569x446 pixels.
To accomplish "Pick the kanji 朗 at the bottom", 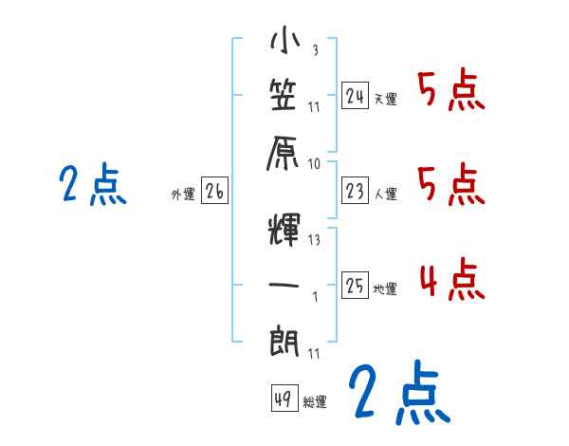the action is click(x=285, y=340).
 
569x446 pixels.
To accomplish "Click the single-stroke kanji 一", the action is click(x=285, y=284).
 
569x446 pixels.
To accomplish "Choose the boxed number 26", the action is click(x=214, y=192).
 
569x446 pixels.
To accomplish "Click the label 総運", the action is click(x=315, y=402).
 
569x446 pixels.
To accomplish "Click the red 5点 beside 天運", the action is click(x=450, y=92).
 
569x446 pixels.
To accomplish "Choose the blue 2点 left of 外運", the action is click(x=92, y=185).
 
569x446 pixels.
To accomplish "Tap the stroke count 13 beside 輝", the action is click(x=314, y=240).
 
